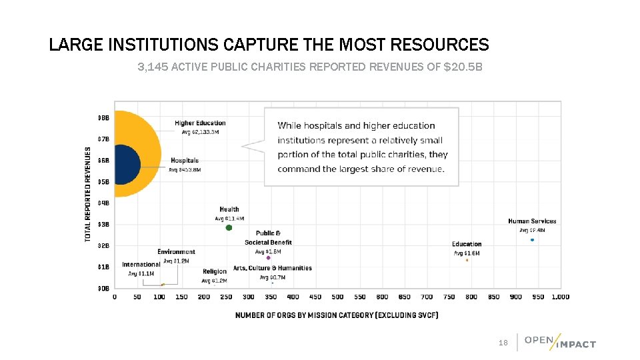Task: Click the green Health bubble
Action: click(x=229, y=228)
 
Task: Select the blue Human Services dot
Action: click(x=532, y=240)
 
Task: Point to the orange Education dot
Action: click(x=467, y=260)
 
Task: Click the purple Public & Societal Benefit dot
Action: click(x=268, y=259)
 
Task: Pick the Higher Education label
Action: click(x=200, y=123)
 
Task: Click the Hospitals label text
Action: click(x=185, y=161)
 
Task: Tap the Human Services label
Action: click(x=532, y=221)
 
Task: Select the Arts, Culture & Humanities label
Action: click(x=272, y=268)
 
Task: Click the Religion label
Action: click(x=215, y=271)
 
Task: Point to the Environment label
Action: click(x=176, y=252)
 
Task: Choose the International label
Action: click(x=141, y=265)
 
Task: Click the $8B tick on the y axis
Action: click(x=103, y=118)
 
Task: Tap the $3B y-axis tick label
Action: click(x=103, y=224)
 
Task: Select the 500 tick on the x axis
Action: click(x=337, y=297)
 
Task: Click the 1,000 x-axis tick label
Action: click(x=560, y=297)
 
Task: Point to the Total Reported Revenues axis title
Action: click(x=88, y=194)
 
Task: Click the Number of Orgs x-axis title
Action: click(x=337, y=315)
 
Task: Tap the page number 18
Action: click(x=503, y=343)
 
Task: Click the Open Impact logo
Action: click(x=560, y=341)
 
